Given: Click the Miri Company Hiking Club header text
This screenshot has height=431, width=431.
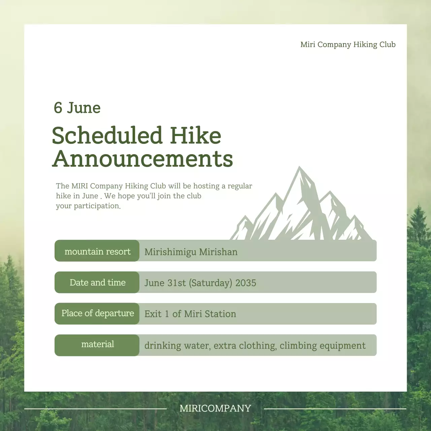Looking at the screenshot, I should point(348,44).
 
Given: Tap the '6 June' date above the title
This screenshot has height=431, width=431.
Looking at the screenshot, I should point(77,107).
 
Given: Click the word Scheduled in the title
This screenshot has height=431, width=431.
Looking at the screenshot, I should point(107,135).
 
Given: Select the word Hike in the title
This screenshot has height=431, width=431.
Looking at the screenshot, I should point(196,135).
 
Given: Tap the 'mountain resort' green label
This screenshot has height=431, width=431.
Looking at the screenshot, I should point(97,251).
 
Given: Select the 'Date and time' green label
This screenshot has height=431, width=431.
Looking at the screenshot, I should point(97,283).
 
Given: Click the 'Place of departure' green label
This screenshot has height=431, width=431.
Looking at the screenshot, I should point(97,313).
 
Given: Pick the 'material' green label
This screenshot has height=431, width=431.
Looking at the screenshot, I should point(97,344).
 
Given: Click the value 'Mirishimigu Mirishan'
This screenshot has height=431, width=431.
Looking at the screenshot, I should point(191,252).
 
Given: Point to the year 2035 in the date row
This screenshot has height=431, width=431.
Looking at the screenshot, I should point(246,283).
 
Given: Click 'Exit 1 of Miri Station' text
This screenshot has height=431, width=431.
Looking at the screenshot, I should point(190,314).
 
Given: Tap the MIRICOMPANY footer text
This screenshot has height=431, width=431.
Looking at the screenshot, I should point(215,408).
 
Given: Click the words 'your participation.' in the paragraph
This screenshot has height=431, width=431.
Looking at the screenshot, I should point(88,206).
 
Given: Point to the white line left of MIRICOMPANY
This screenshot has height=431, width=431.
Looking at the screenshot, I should point(95,409).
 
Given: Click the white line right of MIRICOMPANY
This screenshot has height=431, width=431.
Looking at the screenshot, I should point(335,409).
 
